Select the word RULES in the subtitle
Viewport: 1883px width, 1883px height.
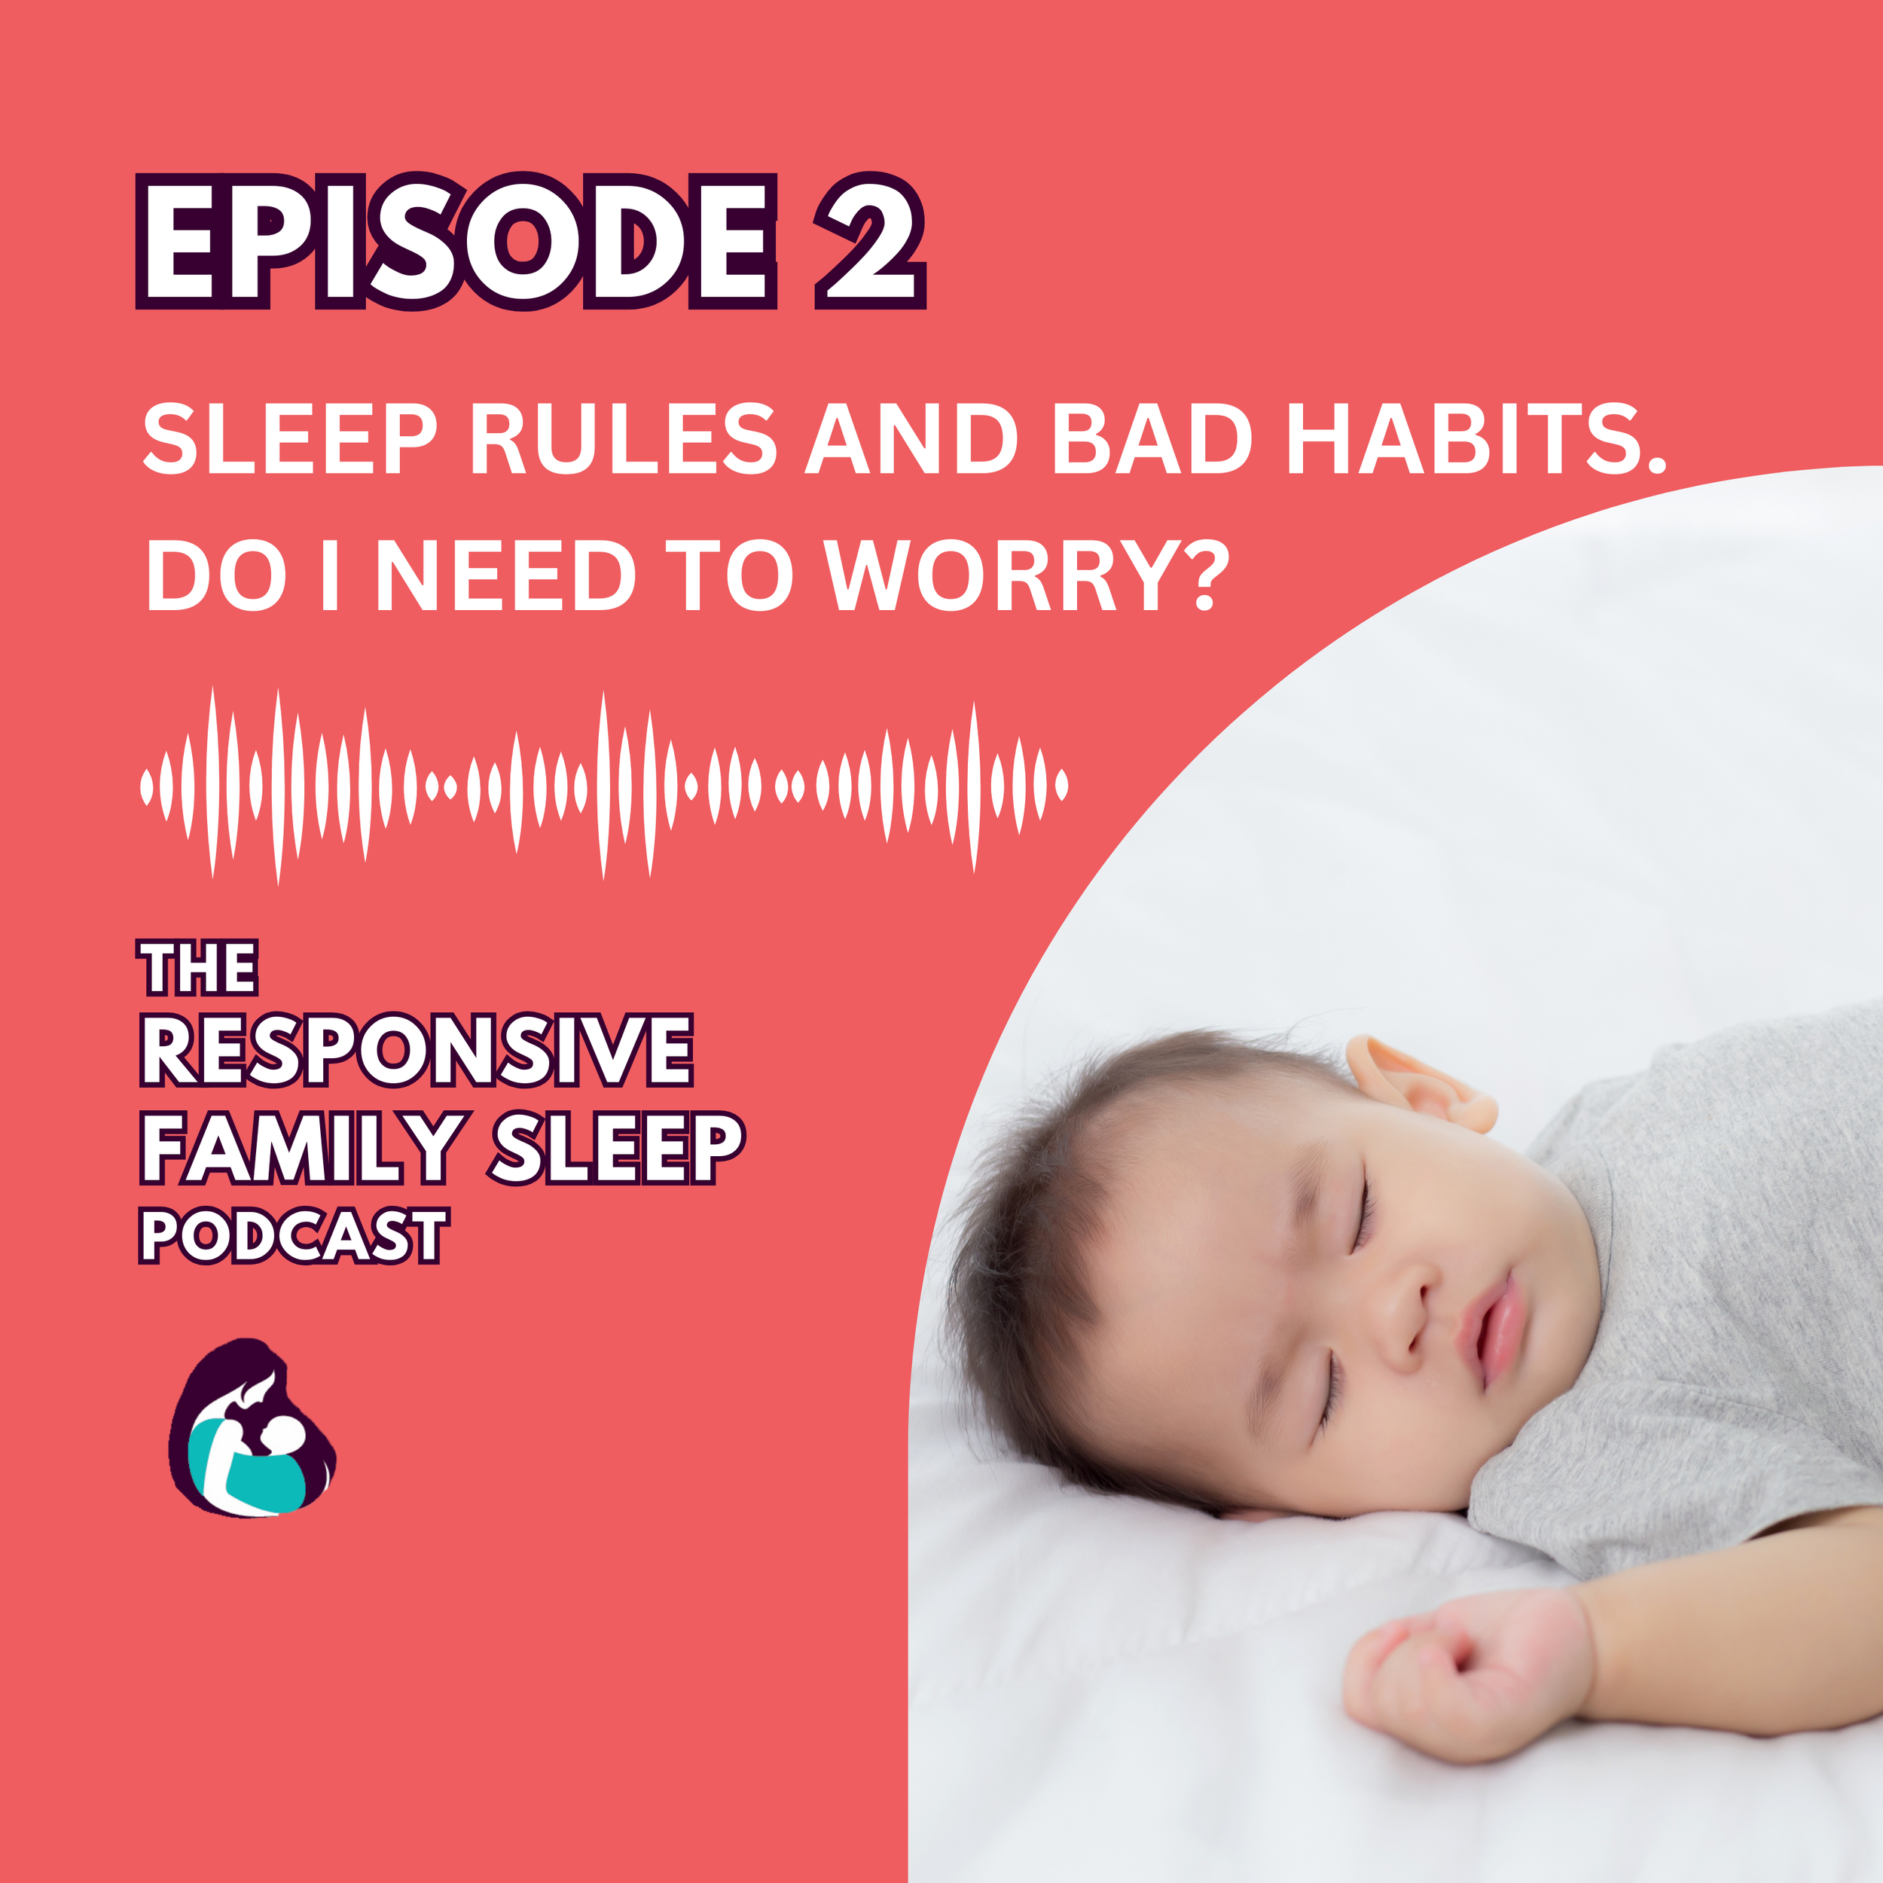[x=624, y=441]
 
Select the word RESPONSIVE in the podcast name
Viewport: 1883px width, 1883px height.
[x=417, y=1051]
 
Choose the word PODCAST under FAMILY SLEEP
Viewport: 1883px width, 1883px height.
[x=293, y=1236]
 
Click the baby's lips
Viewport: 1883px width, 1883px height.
[x=1496, y=1326]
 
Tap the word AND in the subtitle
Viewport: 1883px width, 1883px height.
[x=911, y=441]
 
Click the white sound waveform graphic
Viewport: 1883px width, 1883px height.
[x=604, y=785]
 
